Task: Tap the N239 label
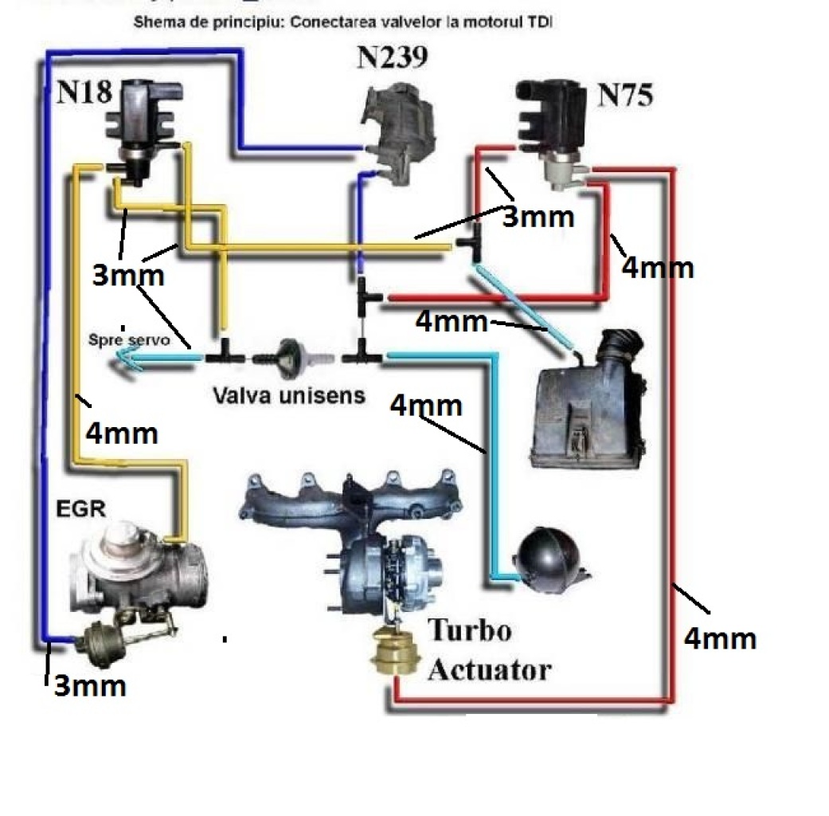coord(391,57)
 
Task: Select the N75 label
coord(625,95)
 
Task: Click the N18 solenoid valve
coord(136,124)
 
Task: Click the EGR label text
coord(80,509)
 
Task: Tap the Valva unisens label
coord(288,394)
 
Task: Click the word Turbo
coord(471,631)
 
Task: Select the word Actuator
coord(489,669)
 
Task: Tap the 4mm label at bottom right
coord(720,637)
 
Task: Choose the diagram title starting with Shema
coord(342,22)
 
